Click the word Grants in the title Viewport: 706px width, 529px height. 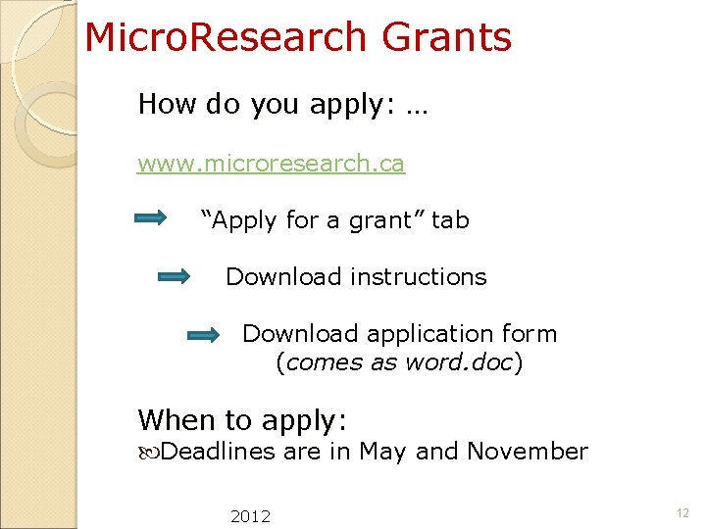coord(446,38)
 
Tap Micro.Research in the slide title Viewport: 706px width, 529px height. coord(226,38)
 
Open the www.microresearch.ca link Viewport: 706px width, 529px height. coord(271,164)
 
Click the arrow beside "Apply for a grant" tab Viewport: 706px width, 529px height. coord(151,219)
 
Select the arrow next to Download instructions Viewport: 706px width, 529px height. coord(174,277)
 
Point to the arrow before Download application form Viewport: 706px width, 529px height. coord(204,335)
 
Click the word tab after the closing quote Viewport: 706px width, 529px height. coord(450,220)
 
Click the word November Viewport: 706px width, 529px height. coord(527,452)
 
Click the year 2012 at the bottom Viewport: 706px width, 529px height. coord(250,516)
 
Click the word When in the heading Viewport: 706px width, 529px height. coord(176,420)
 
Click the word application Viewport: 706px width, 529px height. coord(444,334)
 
